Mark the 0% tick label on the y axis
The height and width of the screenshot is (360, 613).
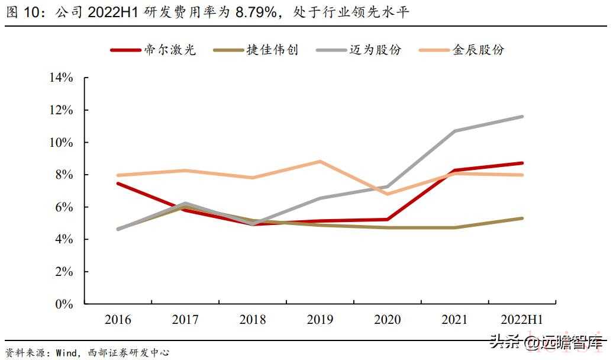64,304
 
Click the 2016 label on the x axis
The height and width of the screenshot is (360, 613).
118,320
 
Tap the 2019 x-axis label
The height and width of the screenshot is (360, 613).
320,320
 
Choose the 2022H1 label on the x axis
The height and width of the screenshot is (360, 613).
522,320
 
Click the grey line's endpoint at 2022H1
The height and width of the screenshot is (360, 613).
522,117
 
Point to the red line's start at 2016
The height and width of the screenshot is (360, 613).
118,184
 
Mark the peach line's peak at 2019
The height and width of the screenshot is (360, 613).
320,162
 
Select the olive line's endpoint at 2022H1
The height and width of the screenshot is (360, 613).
522,218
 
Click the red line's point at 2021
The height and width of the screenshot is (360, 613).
455,171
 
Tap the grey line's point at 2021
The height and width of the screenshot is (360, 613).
455,131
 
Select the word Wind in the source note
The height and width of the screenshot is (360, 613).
66,353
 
